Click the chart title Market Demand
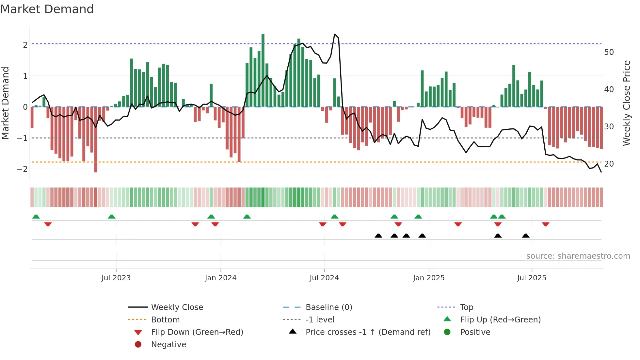tap(47, 9)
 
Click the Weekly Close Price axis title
tap(626, 103)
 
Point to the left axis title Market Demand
tap(5, 103)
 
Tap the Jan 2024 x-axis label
tap(220, 278)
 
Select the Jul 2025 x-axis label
tap(532, 278)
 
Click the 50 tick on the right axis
tap(609, 52)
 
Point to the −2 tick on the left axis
tap(22, 169)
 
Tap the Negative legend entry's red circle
tap(138, 345)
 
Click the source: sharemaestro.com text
tap(578, 256)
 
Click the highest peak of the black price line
tap(335, 34)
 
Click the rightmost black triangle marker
tap(526, 236)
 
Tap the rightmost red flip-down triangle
tap(546, 224)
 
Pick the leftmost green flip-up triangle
tap(36, 217)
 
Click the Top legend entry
tap(466, 307)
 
